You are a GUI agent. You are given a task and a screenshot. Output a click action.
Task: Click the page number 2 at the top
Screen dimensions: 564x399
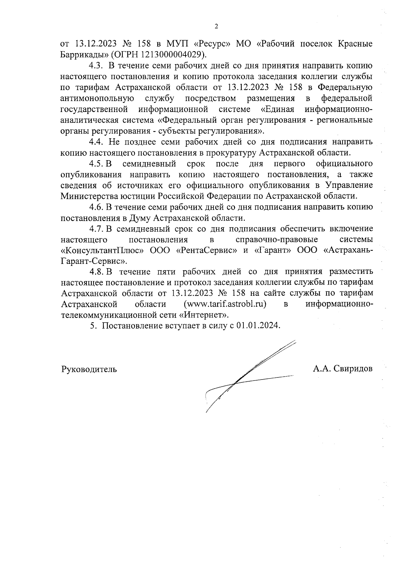[216, 27]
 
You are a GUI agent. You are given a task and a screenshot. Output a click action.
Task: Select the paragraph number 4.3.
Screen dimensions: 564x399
[96, 65]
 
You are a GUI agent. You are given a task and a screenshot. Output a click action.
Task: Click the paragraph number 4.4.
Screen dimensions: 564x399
[96, 142]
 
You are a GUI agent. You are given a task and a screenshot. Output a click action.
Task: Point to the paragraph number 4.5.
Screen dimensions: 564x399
[96, 164]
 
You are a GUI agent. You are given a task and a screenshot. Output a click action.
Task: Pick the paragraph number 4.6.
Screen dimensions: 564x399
[96, 207]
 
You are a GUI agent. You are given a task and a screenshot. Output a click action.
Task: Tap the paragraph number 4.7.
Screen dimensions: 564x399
[96, 229]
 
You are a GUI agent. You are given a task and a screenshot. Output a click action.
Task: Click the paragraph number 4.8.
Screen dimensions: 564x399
[96, 272]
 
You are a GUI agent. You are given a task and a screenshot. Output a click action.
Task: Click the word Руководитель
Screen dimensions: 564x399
[89, 369]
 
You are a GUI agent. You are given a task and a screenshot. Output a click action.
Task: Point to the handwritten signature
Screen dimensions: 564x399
[246, 376]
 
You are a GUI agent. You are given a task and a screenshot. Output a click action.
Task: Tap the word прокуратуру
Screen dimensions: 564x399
[226, 153]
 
